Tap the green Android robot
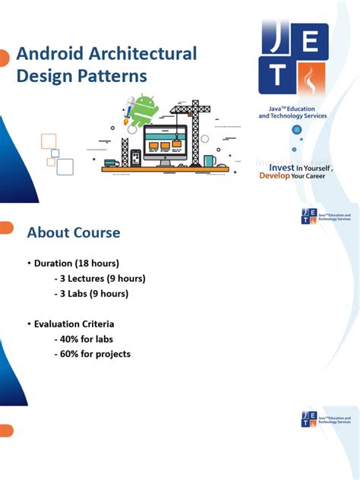pos(144,110)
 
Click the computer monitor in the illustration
pos(165,144)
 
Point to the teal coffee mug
pos(209,161)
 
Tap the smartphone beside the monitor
pos(135,158)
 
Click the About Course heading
pos(74,232)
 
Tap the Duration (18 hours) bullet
pos(76,264)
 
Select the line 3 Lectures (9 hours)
pos(99,279)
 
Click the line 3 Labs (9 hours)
pos(91,293)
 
